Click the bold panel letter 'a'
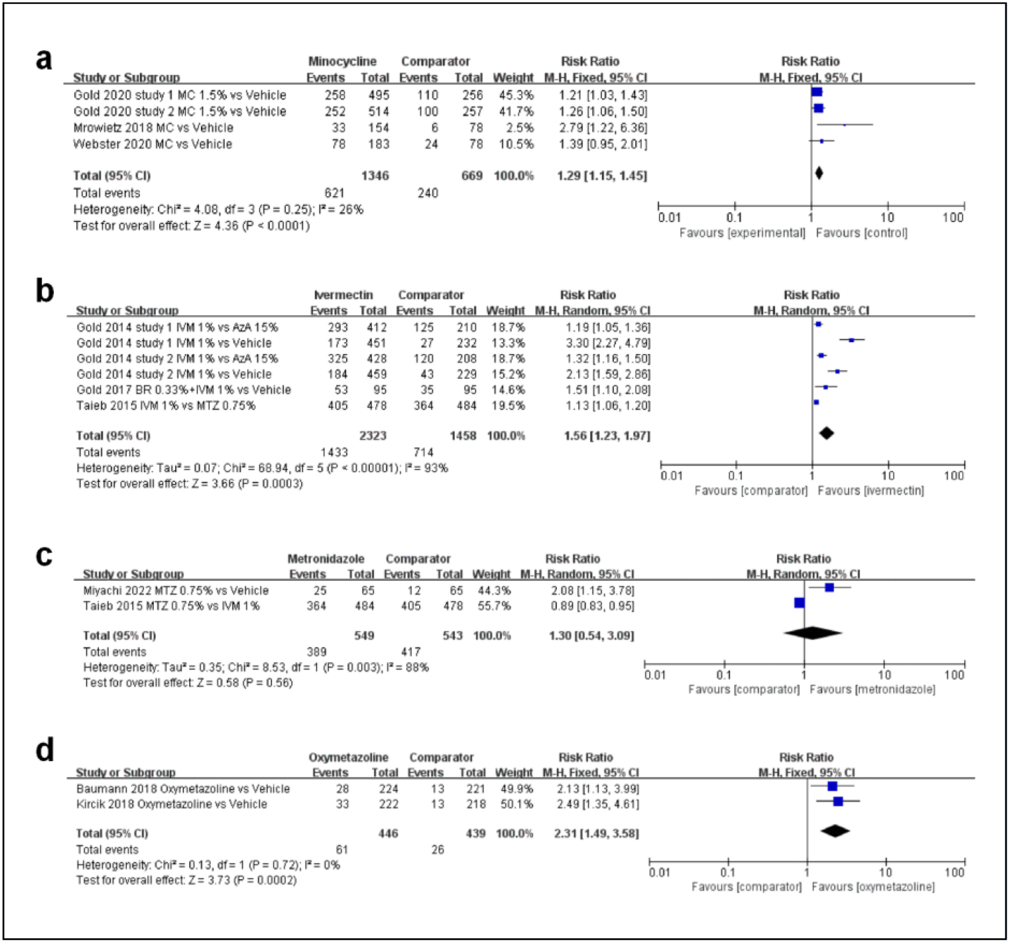click(44, 60)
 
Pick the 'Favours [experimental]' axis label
click(742, 233)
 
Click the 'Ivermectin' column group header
click(344, 295)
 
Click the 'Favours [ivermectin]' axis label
click(871, 490)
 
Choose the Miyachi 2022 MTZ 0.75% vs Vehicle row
click(176, 590)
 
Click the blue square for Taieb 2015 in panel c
click(799, 603)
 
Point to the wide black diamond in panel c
click(812, 633)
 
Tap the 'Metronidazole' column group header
click(326, 559)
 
